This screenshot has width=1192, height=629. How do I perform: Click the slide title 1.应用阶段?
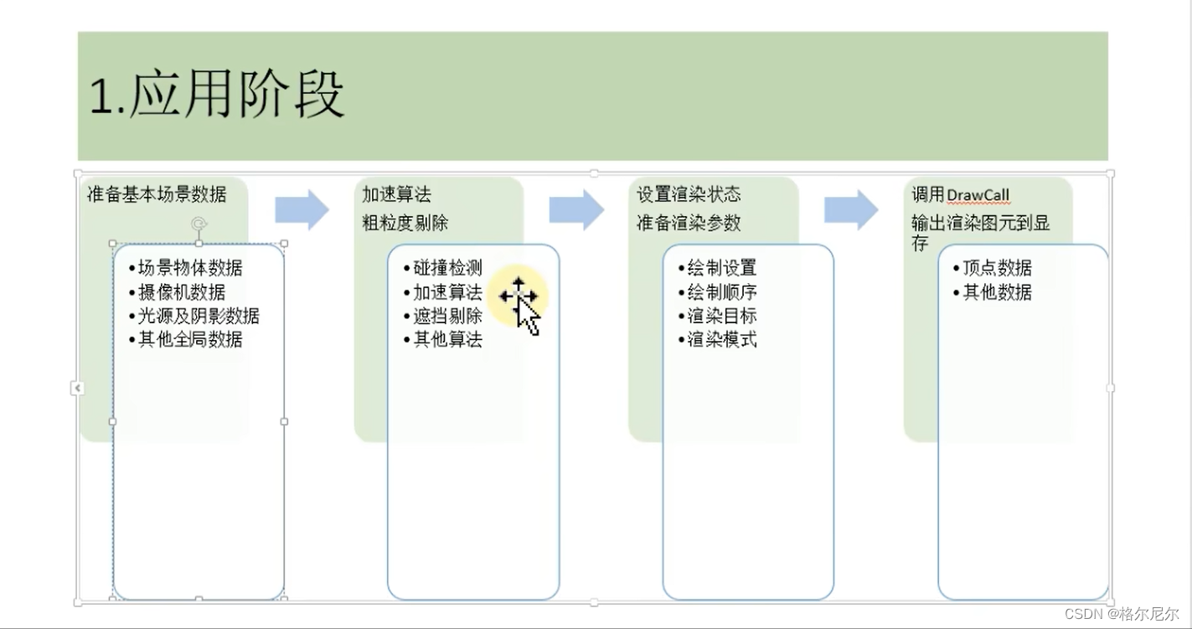217,95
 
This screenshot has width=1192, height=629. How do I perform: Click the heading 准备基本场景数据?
157,194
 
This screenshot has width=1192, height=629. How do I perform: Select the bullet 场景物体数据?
190,268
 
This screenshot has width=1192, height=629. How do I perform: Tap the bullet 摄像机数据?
182,292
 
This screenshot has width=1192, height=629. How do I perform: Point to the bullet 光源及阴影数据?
199,316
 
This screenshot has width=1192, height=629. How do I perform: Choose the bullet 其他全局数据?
190,339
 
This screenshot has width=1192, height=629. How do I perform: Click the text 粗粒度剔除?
405,223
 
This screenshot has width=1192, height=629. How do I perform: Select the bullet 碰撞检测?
447,268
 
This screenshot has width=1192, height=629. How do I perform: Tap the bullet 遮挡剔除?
447,316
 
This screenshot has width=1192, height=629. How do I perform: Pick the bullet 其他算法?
447,339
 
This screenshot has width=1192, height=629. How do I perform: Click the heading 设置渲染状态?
689,194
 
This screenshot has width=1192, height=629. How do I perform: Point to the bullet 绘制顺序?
722,292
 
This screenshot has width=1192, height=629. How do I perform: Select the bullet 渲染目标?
722,316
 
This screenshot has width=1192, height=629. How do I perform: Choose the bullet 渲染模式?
722,339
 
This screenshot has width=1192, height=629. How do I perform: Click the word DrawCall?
978,195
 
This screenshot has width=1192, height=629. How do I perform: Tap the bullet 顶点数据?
997,268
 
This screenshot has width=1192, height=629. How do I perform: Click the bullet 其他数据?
997,292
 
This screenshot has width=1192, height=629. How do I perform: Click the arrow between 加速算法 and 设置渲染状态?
576,209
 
